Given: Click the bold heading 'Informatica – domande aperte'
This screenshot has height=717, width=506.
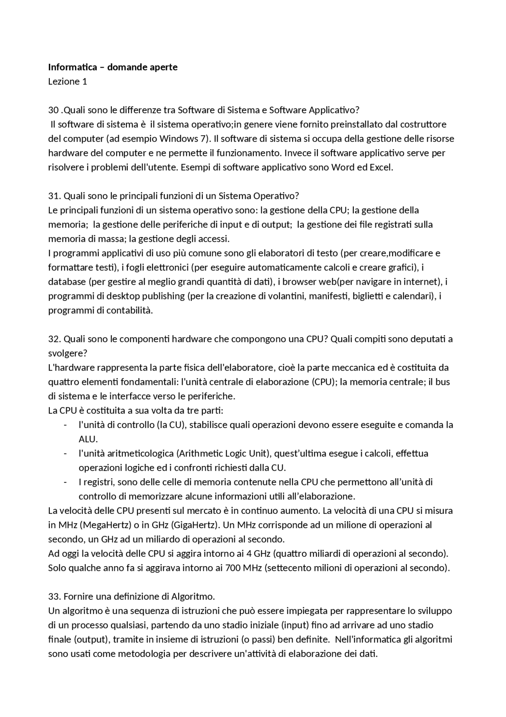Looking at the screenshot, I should pos(113,67).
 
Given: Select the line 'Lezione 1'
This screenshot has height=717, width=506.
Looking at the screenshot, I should pos(68,82).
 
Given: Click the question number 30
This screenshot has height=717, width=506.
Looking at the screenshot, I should pos(53,110).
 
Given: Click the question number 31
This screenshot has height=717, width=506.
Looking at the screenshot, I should pos(54,196).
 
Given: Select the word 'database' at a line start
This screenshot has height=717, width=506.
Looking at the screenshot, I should pos(67,281).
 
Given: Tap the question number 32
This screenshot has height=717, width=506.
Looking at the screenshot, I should pos(54,339).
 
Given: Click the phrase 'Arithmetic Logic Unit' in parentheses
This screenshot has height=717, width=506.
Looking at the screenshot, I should pos(223,453).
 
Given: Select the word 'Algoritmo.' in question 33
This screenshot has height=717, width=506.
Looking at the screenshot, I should pos(193,596).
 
